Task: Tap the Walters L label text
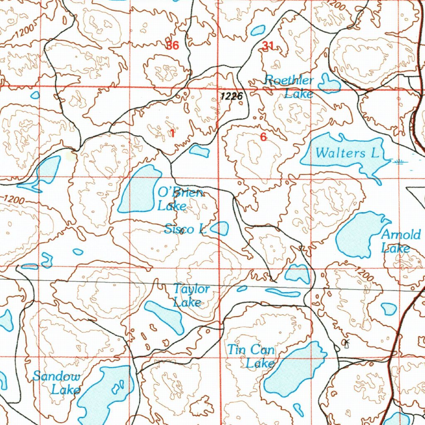coord(347,153)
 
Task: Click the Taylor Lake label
coord(191,295)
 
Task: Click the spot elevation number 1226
coord(231,96)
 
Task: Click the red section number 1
coord(172,133)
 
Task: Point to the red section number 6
coord(263,137)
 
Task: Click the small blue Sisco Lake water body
coord(220,228)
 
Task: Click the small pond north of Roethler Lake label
coord(258,30)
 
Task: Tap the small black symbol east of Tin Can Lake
coord(347,343)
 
